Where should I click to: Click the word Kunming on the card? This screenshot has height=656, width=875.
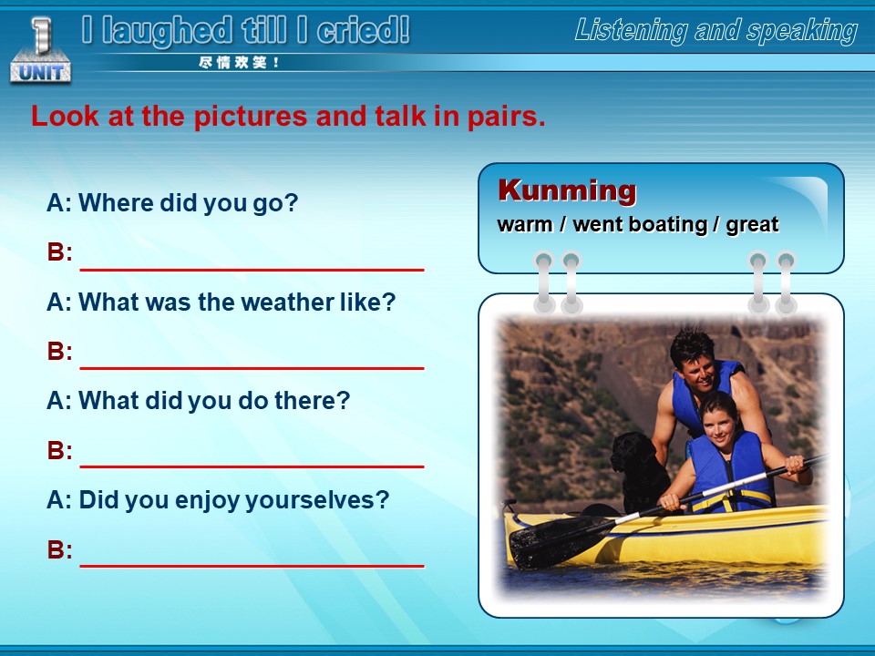pyautogui.click(x=567, y=190)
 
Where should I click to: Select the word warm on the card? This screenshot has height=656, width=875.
pyautogui.click(x=525, y=225)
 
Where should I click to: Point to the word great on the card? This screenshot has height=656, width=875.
pyautogui.click(x=752, y=225)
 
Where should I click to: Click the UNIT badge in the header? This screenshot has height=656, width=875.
pyautogui.click(x=40, y=72)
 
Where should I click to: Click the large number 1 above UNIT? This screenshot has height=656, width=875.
pyautogui.click(x=41, y=35)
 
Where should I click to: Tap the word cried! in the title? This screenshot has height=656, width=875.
pyautogui.click(x=363, y=30)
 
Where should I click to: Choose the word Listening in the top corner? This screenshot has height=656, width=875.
pyautogui.click(x=631, y=31)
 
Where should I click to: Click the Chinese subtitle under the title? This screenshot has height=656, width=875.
pyautogui.click(x=239, y=63)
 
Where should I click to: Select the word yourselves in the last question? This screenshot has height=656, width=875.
pyautogui.click(x=317, y=500)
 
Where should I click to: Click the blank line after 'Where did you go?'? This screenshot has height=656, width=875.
pyautogui.click(x=252, y=270)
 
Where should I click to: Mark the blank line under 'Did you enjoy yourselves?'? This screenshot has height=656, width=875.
pyautogui.click(x=252, y=566)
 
